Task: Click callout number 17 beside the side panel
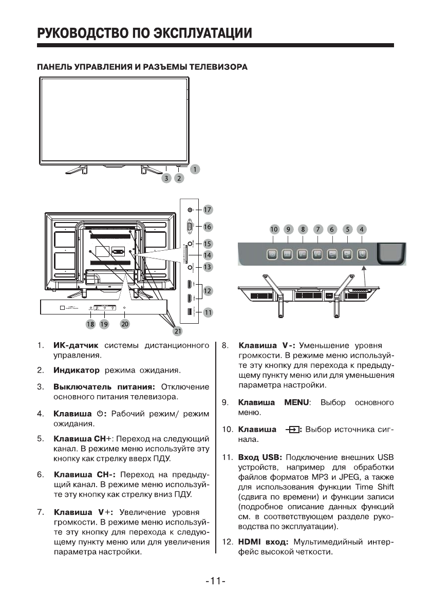tap(208, 210)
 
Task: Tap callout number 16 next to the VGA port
tap(208, 226)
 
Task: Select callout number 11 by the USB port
tap(208, 311)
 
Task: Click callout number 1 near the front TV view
tap(195, 169)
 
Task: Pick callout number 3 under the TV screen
tap(166, 178)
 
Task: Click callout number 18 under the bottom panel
tap(91, 324)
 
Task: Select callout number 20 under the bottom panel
tap(125, 324)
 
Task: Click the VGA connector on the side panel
tap(191, 226)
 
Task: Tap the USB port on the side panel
tap(190, 311)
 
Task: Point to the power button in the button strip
tap(362, 253)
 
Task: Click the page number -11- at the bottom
tap(215, 581)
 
